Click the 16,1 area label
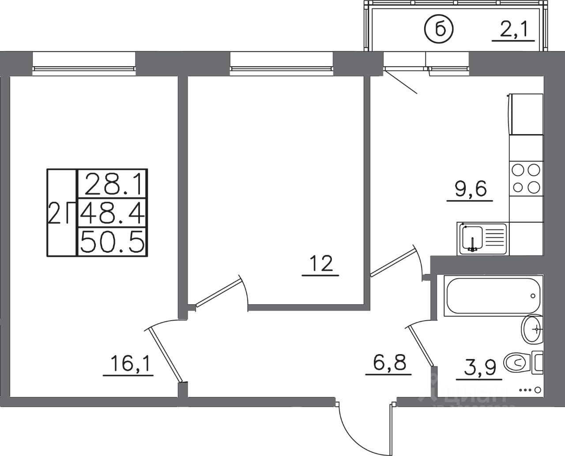pos(128,365)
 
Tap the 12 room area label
pos(320,265)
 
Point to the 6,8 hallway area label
pos(388,365)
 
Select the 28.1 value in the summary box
pos(113,184)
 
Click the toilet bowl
pos(516,363)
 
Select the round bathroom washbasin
pos(532,329)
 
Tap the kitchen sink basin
pos(473,238)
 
